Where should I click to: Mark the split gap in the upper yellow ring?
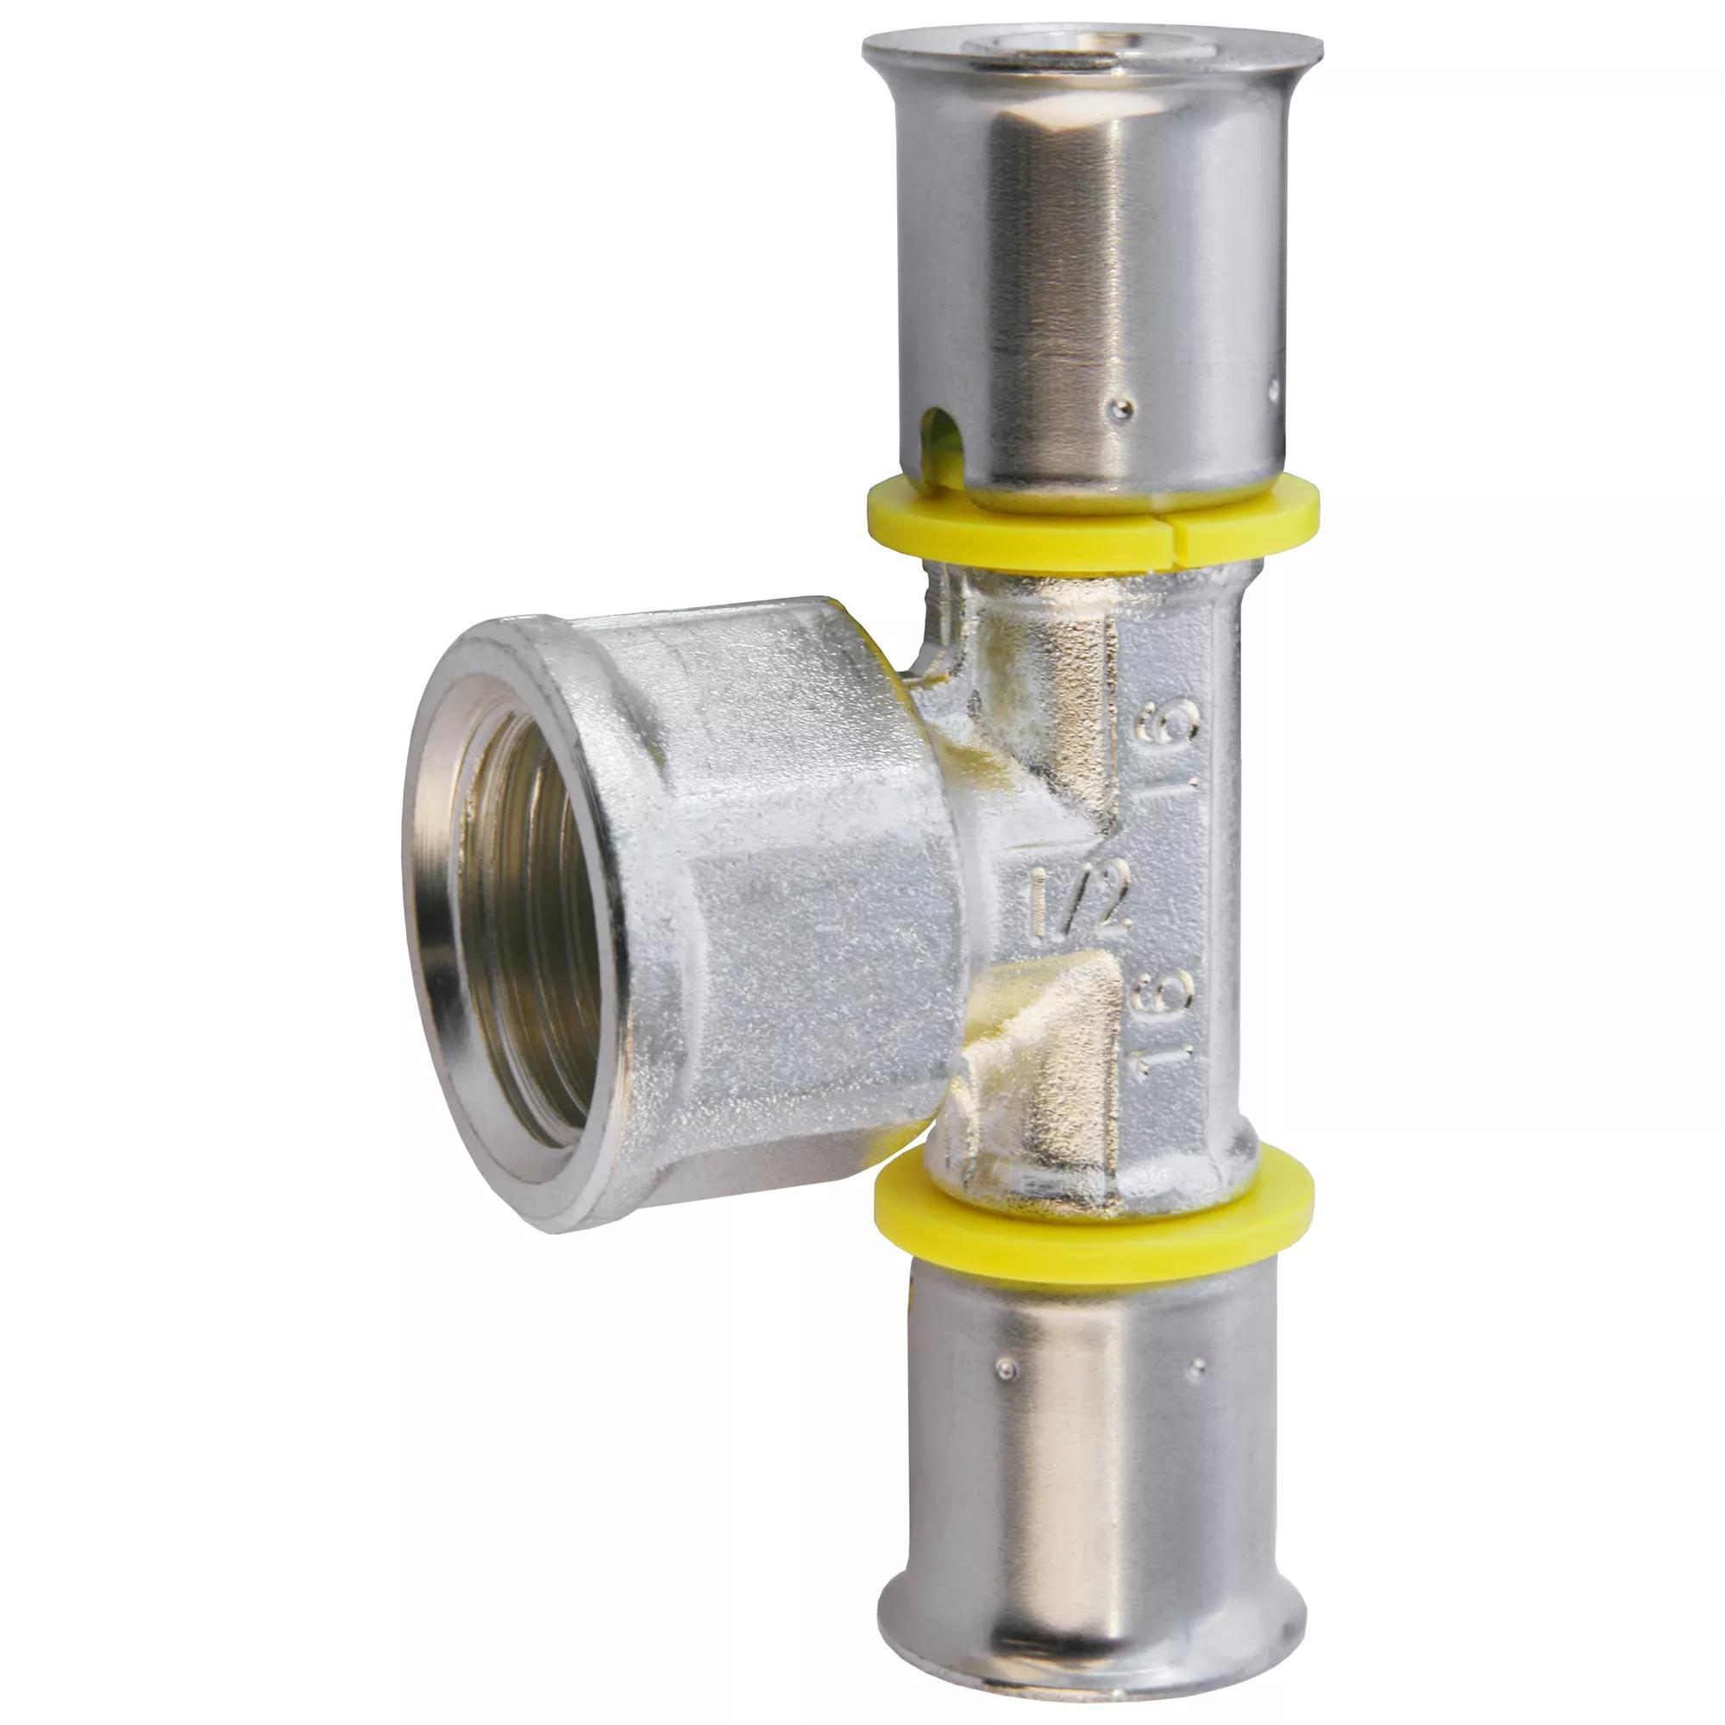(x=1176, y=534)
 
